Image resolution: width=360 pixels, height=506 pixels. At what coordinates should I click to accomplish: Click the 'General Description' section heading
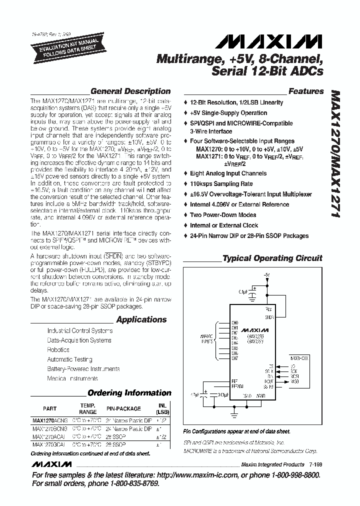[130, 91]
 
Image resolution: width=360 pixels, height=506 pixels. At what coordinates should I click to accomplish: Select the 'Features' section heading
[306, 91]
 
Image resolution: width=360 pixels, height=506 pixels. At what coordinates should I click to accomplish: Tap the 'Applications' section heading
[141, 319]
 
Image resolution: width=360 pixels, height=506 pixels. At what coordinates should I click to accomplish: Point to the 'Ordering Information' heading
[129, 393]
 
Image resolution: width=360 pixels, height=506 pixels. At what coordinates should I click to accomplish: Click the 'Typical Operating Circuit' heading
[272, 258]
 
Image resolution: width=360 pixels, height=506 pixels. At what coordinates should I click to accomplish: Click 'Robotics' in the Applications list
[58, 350]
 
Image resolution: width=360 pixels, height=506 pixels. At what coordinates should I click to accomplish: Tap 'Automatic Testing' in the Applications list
[69, 359]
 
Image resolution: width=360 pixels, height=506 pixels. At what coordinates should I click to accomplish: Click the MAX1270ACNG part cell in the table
[49, 421]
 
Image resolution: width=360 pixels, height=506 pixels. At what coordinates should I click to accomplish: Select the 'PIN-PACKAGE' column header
[124, 408]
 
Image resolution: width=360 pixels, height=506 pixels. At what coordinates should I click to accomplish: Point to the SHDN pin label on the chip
[269, 317]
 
